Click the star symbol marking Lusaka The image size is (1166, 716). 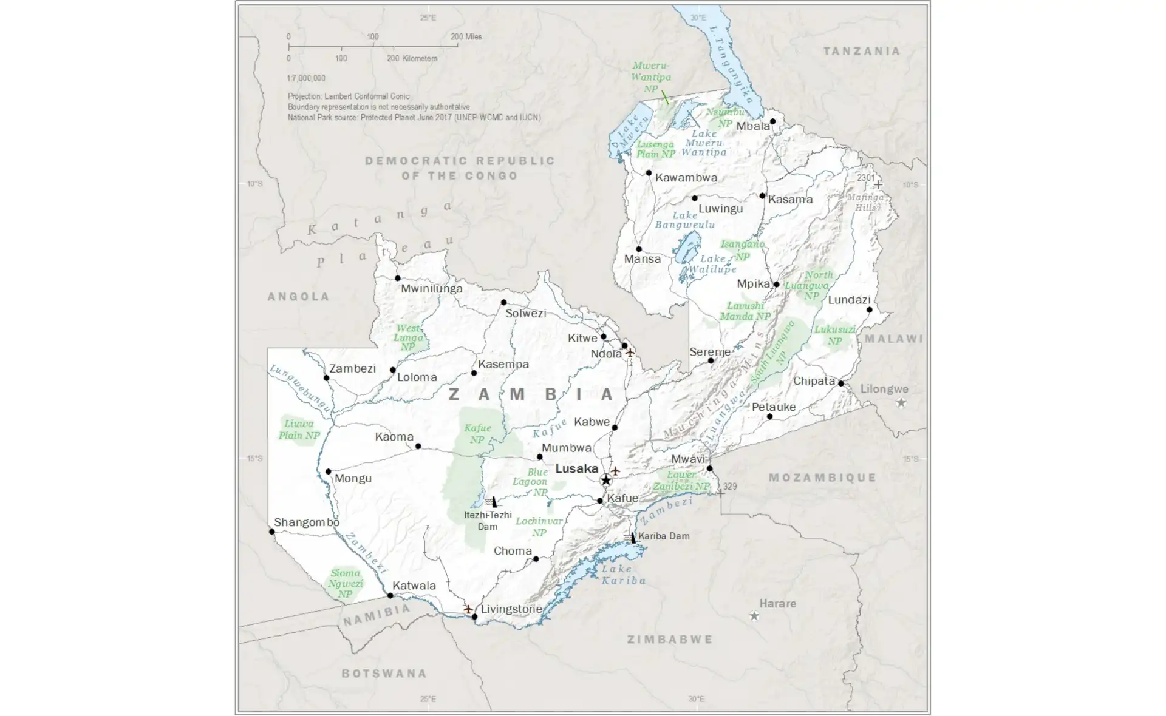[605, 481]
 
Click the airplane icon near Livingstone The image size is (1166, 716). [468, 609]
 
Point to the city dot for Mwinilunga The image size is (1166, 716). [398, 279]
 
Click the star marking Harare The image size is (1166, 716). [754, 616]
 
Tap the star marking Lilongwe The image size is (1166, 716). [901, 403]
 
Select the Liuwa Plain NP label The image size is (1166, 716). [299, 430]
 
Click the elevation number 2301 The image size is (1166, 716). [865, 178]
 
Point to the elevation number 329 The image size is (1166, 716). [730, 487]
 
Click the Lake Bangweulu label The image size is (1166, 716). [684, 220]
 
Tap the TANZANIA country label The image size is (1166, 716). [861, 52]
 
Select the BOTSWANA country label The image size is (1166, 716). [384, 674]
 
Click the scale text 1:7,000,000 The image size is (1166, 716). [306, 78]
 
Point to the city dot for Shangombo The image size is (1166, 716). [271, 532]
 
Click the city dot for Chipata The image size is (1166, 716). [840, 383]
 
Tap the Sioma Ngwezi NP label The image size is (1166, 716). [345, 584]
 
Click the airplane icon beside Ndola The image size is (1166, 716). [630, 353]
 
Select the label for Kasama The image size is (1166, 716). [789, 200]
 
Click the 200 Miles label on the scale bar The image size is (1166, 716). [466, 37]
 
